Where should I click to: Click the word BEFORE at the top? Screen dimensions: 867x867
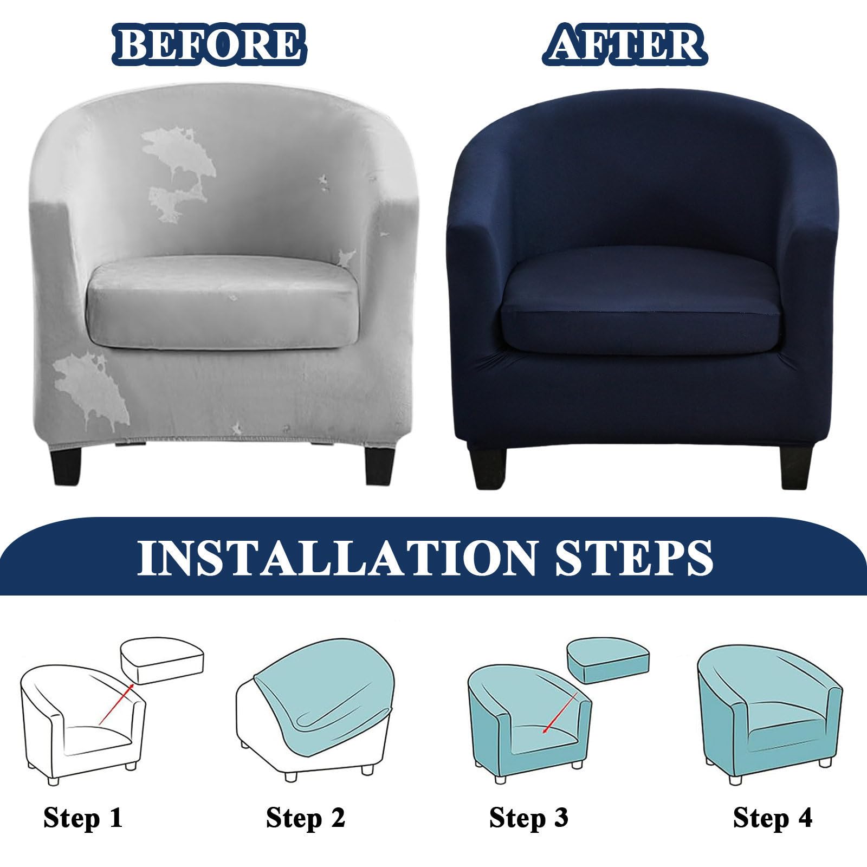pos(209,44)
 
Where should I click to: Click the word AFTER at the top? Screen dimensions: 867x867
pos(626,44)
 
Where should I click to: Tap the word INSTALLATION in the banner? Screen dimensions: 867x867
pos(335,556)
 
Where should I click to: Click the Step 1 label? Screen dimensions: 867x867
pos(83,817)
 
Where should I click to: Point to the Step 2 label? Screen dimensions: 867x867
pos(306,817)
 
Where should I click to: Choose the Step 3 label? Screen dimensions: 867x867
pos(529,817)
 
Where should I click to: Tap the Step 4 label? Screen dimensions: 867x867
pos(773,817)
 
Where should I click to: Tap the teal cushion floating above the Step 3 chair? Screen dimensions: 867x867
pos(607,661)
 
